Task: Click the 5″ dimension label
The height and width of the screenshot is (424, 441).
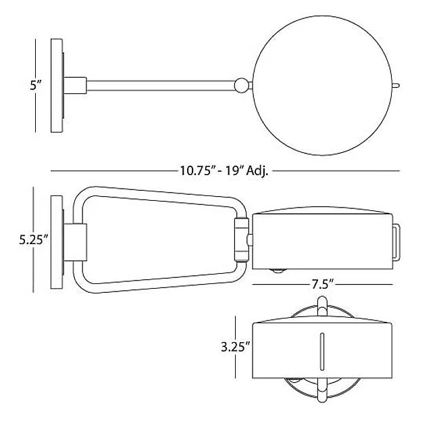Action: click(36, 85)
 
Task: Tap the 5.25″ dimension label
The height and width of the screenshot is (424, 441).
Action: click(34, 240)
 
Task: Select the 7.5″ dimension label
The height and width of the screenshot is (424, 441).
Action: click(322, 284)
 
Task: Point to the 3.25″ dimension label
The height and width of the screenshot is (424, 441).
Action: click(236, 347)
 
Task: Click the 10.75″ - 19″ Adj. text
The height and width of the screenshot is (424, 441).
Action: click(224, 170)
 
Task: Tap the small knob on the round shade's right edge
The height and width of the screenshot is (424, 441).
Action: click(396, 85)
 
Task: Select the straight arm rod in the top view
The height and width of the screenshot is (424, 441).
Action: click(161, 86)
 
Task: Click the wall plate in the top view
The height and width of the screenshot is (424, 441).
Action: click(57, 86)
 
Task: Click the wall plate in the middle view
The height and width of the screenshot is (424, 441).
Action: click(57, 242)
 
